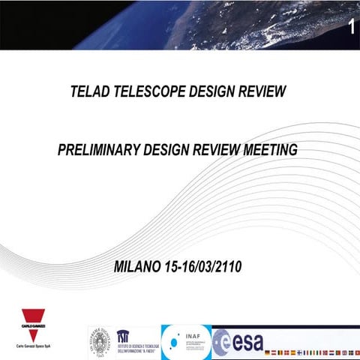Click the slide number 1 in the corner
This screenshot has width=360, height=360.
pyautogui.click(x=350, y=28)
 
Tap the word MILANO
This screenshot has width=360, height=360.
pyautogui.click(x=139, y=266)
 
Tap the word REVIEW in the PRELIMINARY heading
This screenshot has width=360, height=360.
pyautogui.click(x=220, y=150)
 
